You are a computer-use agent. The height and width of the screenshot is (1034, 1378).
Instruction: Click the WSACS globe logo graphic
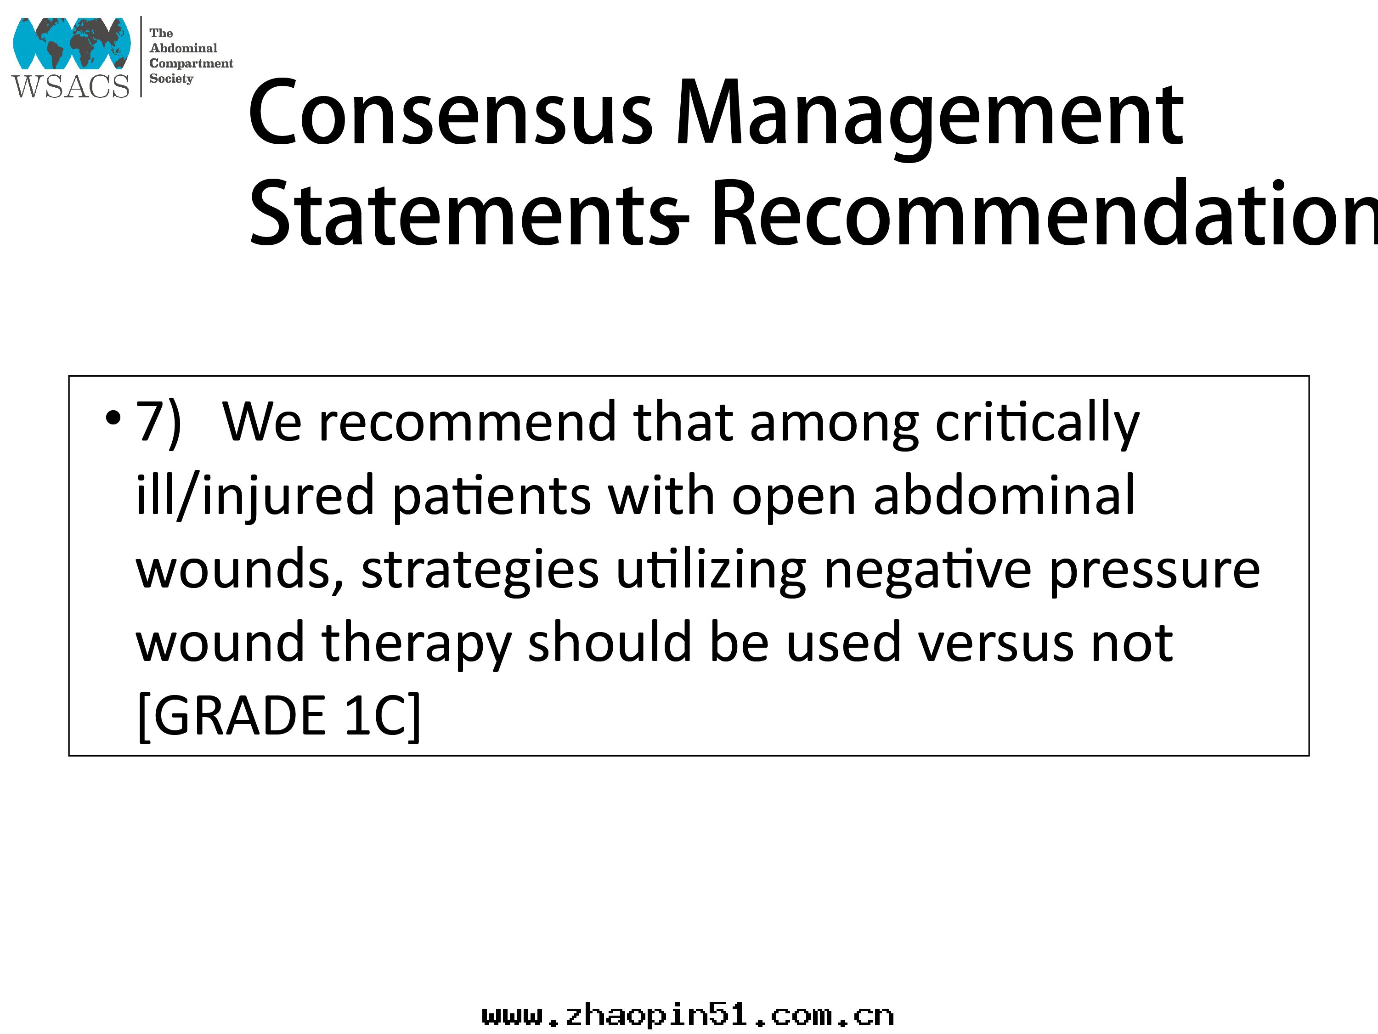coord(72,43)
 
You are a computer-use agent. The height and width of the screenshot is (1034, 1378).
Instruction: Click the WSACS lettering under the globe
coord(70,86)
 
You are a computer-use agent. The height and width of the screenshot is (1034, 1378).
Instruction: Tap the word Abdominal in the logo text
coord(183,48)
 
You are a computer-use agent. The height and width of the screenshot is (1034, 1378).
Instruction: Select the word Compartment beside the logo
coord(191,63)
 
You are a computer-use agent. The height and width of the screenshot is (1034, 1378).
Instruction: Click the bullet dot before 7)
coord(113,418)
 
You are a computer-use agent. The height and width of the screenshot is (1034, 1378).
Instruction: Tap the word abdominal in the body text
coord(1004,495)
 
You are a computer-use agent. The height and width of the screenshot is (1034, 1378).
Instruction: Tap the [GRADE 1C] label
coord(278,716)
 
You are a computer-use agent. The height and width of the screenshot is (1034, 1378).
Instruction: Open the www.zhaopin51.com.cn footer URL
coord(688,1016)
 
